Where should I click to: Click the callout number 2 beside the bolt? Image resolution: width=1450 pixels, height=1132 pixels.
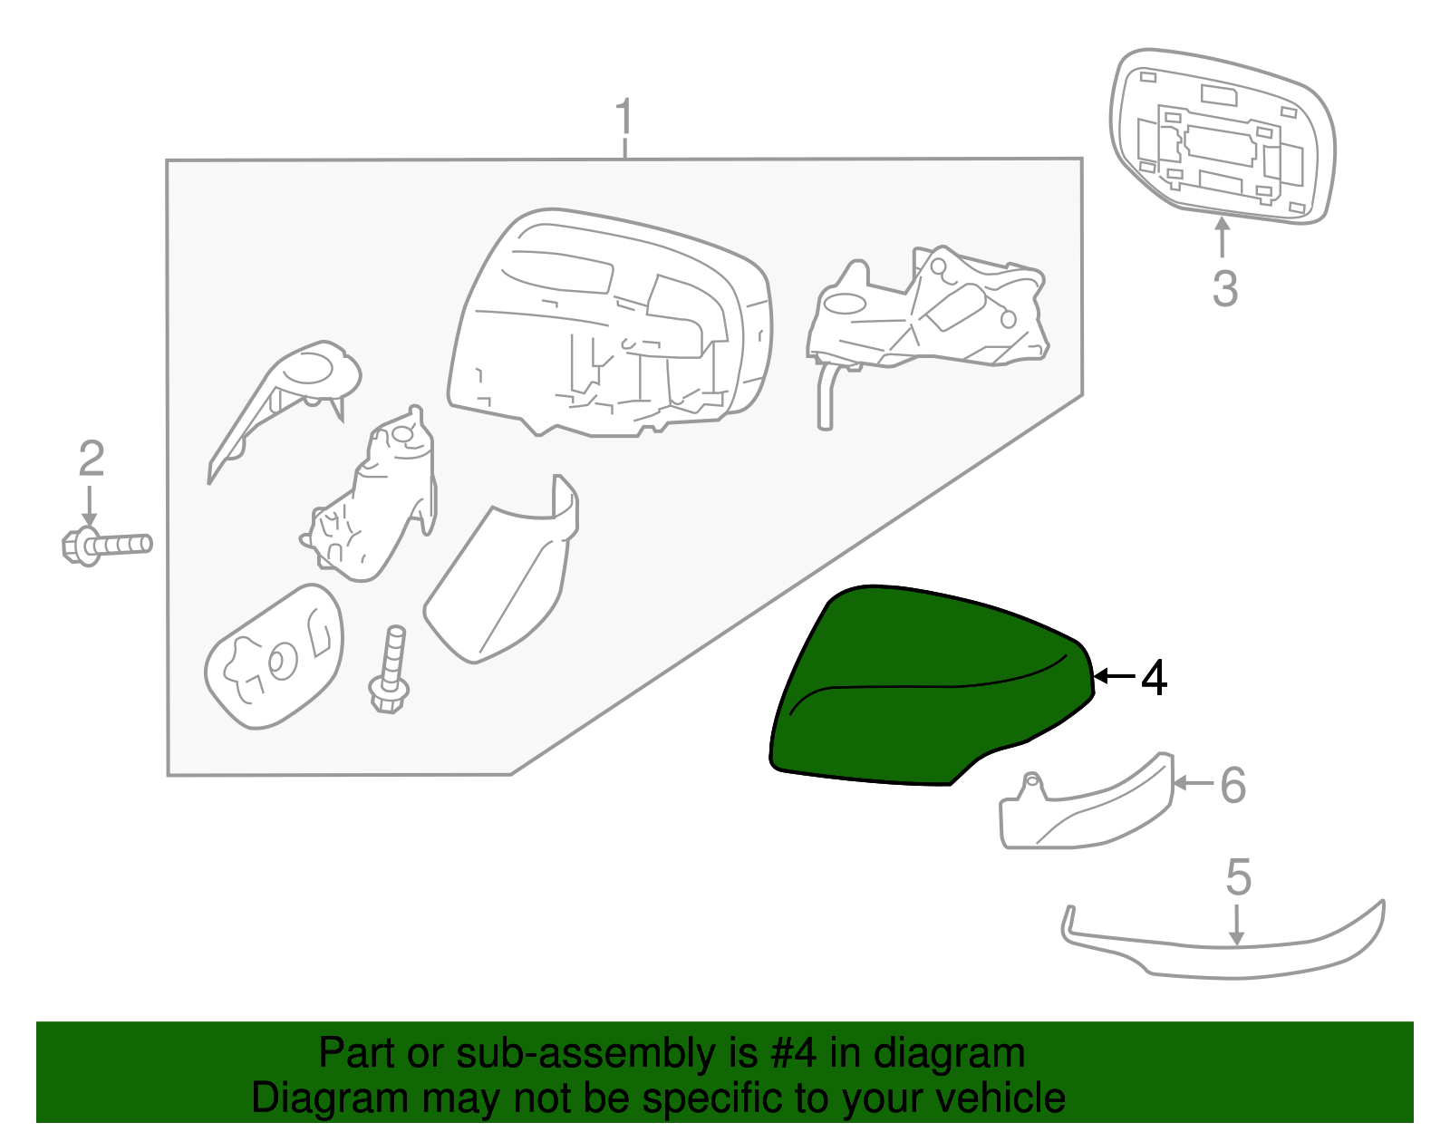(91, 459)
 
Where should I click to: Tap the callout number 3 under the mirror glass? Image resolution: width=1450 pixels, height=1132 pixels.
(1224, 289)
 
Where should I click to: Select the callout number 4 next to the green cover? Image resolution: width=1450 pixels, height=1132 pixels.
(1153, 678)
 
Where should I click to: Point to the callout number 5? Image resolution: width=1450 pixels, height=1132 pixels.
(1238, 877)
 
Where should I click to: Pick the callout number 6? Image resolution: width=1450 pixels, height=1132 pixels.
(1232, 785)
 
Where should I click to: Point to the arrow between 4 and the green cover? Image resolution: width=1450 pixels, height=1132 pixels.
(1113, 676)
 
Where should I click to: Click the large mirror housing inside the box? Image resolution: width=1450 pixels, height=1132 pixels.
(607, 326)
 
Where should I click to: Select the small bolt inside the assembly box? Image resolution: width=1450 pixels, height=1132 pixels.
(391, 671)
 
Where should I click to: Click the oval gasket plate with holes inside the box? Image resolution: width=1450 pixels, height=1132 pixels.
(274, 656)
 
